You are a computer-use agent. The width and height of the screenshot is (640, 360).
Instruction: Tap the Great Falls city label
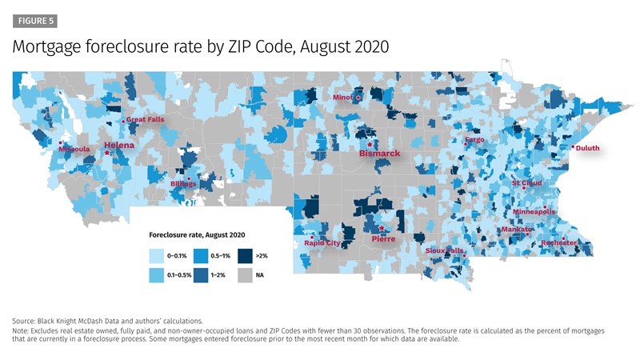(x=146, y=120)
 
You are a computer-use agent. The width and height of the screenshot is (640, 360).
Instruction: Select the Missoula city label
(x=74, y=150)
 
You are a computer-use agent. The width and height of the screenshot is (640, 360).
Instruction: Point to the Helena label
(x=119, y=146)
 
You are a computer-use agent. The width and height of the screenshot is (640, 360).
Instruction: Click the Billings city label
(x=183, y=184)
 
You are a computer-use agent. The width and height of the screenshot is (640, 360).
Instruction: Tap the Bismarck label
(x=378, y=152)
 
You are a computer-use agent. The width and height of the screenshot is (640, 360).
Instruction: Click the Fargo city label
(x=474, y=140)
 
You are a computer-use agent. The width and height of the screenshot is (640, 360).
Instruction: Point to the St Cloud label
(x=527, y=182)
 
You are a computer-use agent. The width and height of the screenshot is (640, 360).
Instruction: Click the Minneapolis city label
(x=533, y=212)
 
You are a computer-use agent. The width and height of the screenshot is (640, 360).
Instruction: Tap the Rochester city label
(x=558, y=242)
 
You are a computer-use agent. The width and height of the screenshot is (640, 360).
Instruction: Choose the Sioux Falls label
(x=444, y=250)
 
